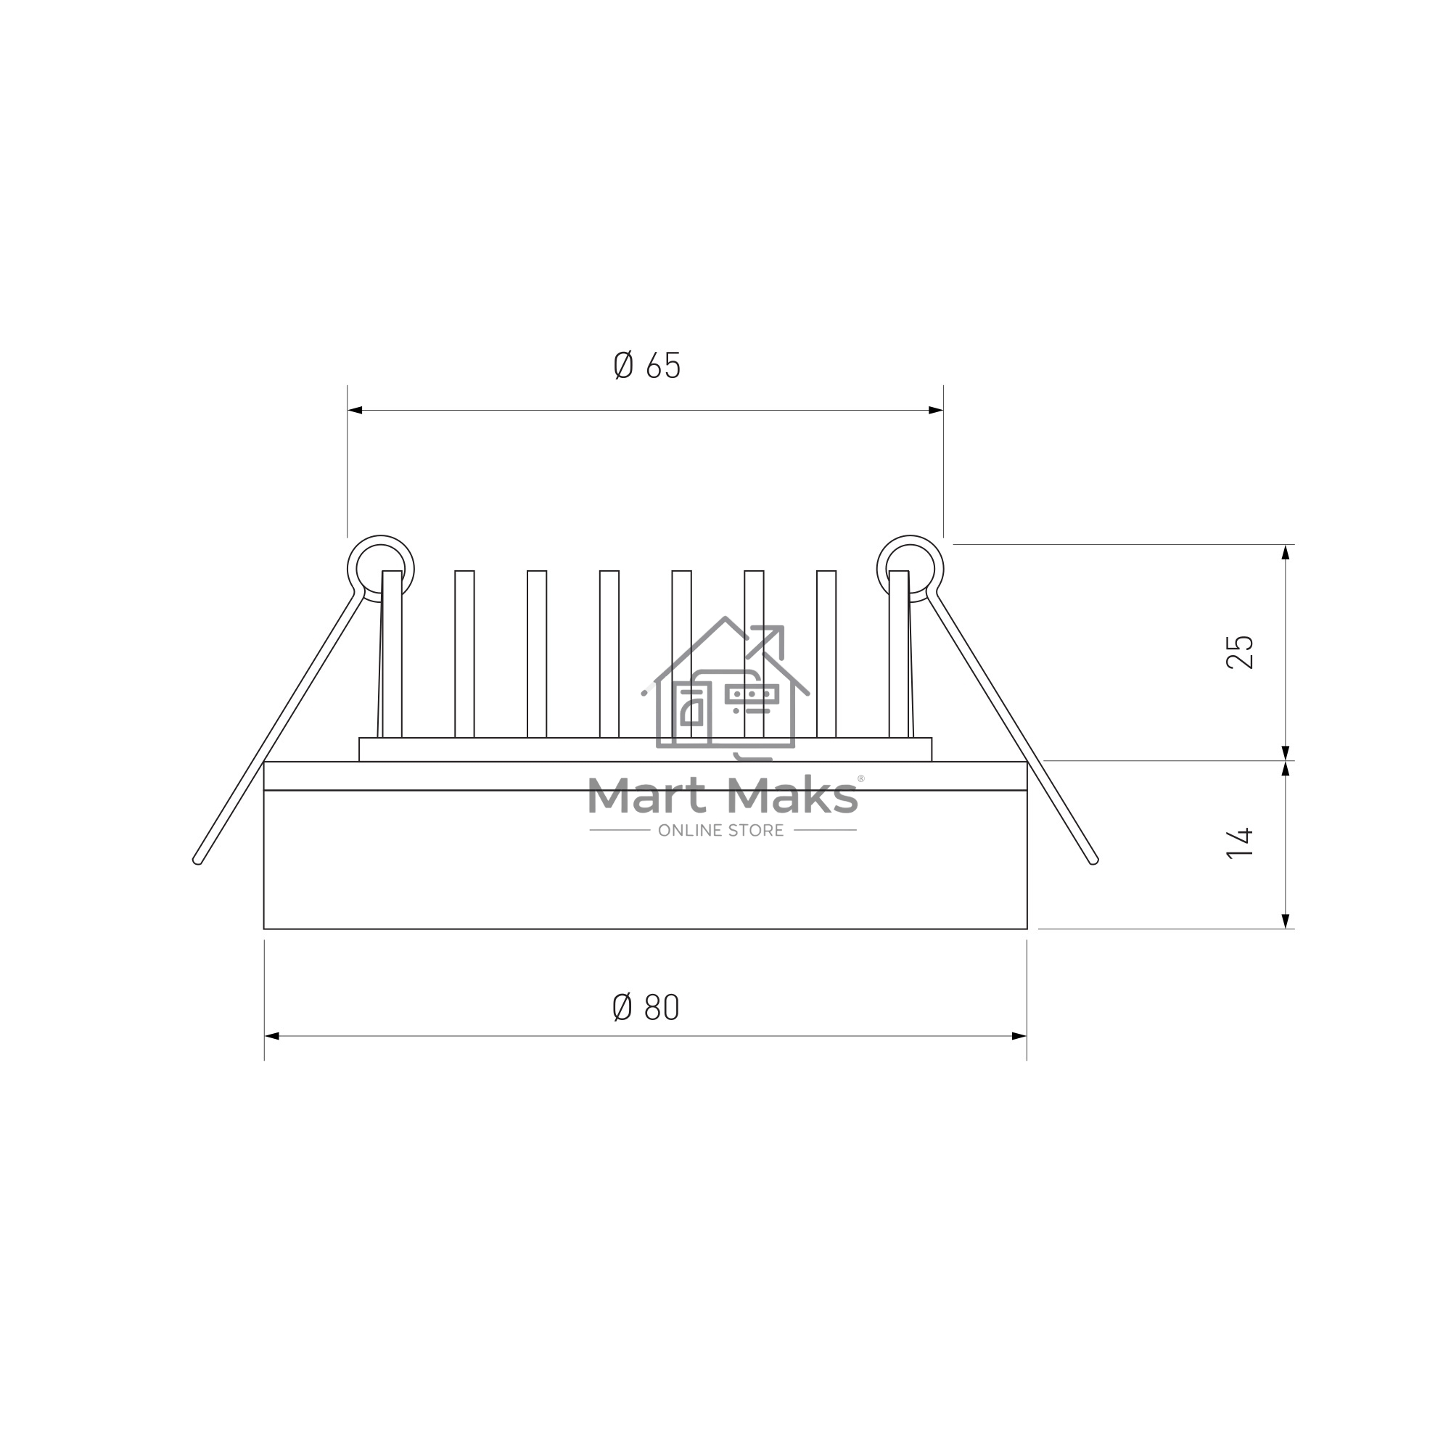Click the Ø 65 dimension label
coord(646,365)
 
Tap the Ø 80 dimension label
coord(646,1006)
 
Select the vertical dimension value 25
coord(1240,652)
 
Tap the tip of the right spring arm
coord(1093,860)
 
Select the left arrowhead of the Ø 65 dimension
coord(355,410)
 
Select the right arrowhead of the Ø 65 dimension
coord(936,410)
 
